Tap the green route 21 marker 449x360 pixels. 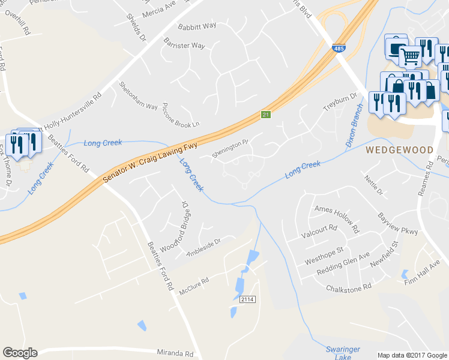265,114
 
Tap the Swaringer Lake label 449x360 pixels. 343,352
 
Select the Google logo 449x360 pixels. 20,353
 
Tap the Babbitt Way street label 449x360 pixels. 197,26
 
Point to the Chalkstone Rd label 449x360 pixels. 349,289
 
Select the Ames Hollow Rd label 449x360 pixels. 337,218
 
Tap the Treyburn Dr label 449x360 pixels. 340,100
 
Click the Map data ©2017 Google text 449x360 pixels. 412,355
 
